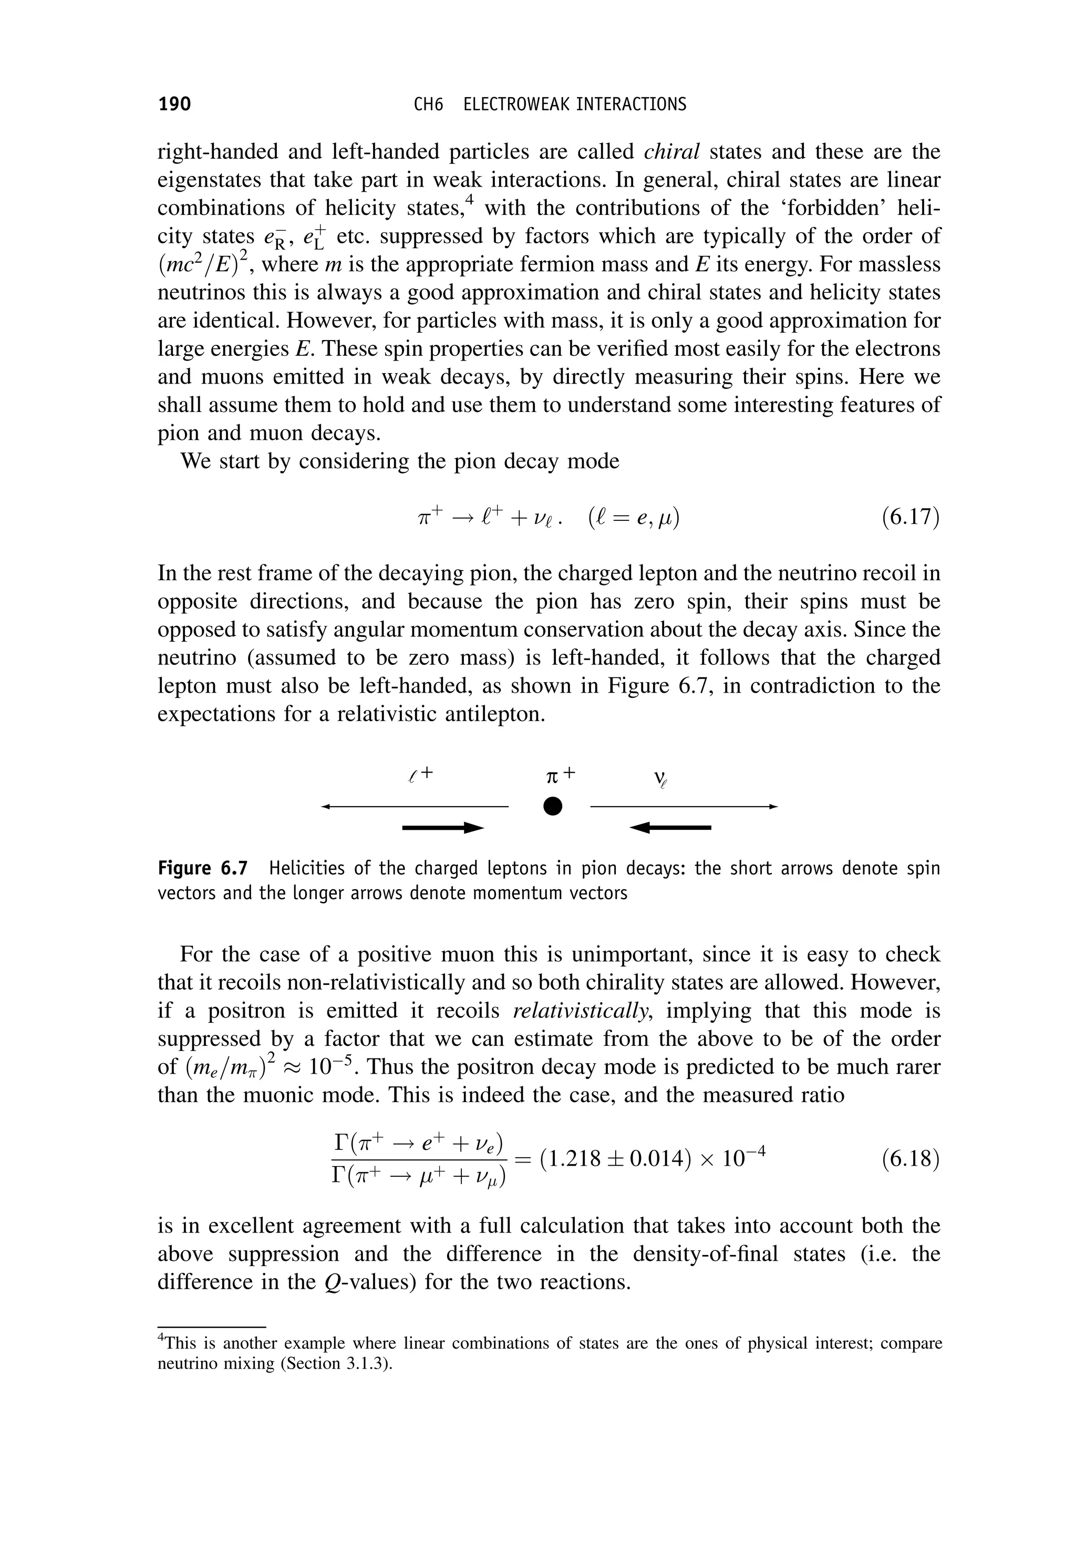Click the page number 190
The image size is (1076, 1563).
(x=174, y=104)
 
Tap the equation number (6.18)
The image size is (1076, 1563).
(x=910, y=1158)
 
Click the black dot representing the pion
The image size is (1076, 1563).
(x=552, y=806)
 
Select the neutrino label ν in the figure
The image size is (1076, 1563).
(x=659, y=779)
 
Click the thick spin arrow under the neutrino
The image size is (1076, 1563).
(x=670, y=827)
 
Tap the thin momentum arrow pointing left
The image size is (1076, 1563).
(x=415, y=806)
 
